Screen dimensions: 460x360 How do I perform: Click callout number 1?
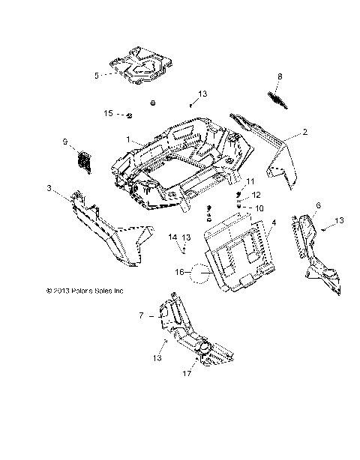coord(128,139)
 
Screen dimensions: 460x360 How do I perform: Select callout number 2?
coord(285,132)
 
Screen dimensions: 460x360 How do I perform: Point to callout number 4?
coord(274,223)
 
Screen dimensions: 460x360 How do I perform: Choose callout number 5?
coord(96,75)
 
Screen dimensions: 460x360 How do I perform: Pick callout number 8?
coord(280,76)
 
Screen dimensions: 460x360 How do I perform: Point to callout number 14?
coord(172,237)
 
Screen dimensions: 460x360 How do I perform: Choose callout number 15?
coord(108,113)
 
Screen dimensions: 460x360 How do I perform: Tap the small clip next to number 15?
coord(129,115)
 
